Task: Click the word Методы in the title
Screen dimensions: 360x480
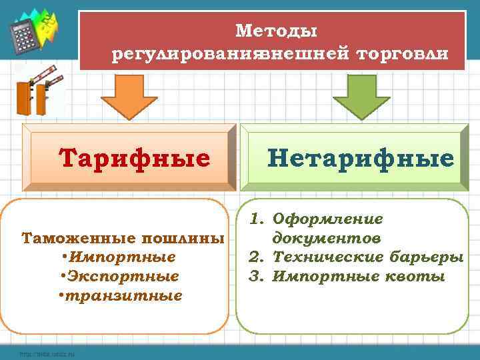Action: point(277,31)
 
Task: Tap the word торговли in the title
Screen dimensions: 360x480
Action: point(403,53)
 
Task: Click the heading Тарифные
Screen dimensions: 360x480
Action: point(134,159)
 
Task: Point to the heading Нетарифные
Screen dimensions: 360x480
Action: point(361,158)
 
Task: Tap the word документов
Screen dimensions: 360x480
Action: point(327,238)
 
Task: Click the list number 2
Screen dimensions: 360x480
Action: point(254,257)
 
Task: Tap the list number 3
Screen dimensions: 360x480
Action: point(254,276)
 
